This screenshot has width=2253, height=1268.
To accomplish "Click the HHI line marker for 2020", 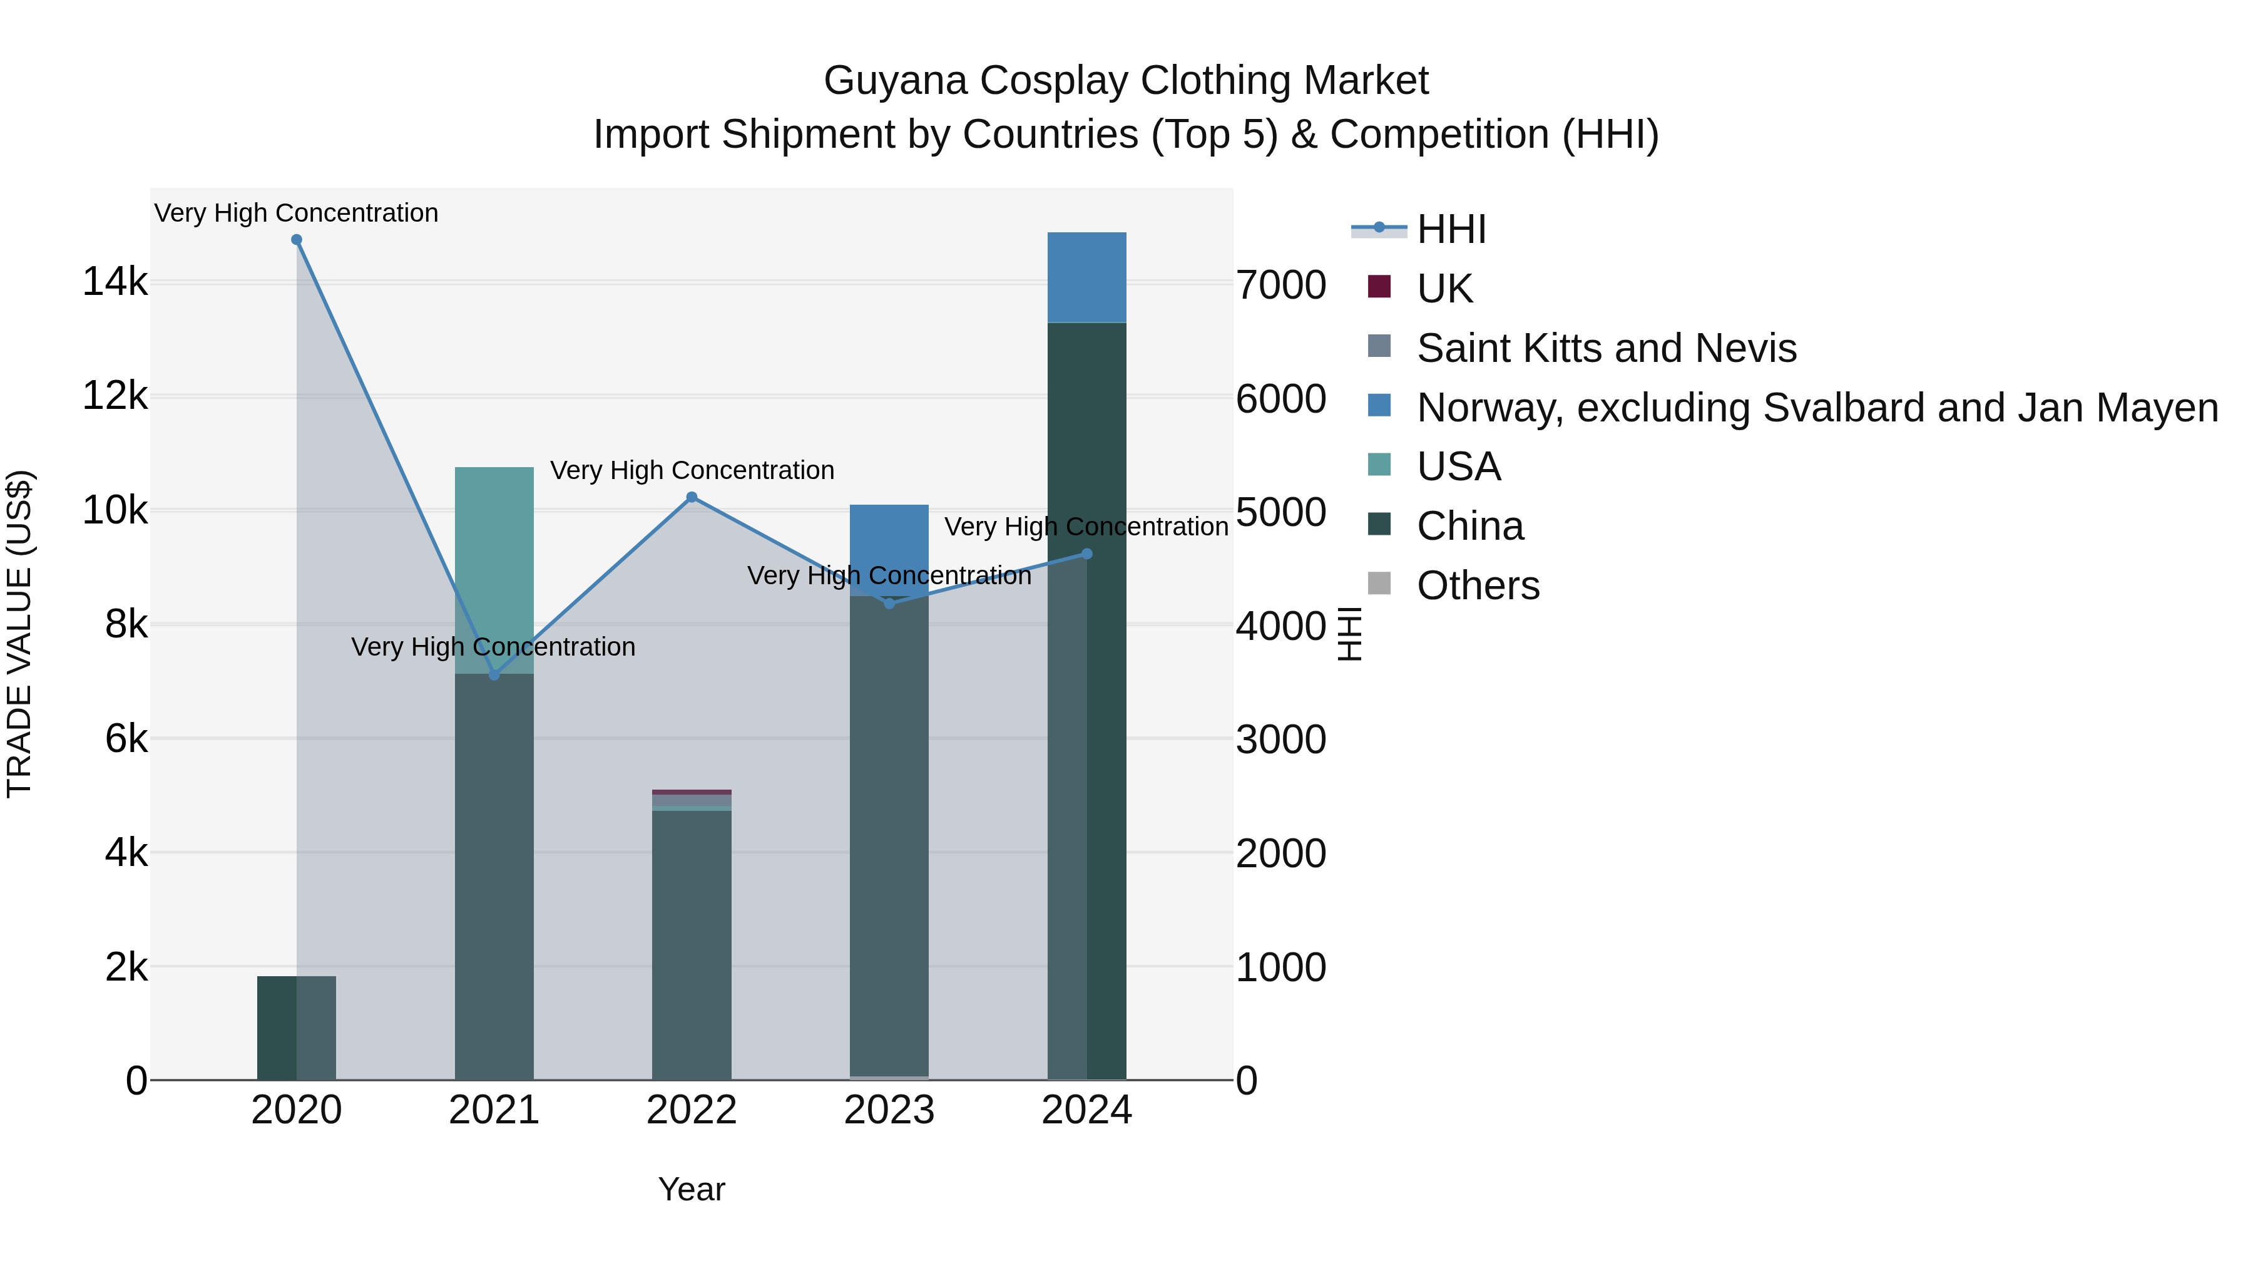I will point(297,240).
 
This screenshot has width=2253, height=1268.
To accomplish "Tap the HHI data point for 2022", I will point(692,497).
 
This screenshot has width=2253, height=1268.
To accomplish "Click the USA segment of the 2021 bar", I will point(494,569).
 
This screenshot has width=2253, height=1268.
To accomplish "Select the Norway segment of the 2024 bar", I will point(1087,277).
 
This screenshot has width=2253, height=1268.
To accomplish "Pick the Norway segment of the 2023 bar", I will point(889,547).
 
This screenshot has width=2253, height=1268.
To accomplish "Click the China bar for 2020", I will point(297,1028).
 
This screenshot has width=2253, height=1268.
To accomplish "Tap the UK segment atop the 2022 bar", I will point(692,792).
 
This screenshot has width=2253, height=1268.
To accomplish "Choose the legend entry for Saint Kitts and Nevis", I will point(1606,348).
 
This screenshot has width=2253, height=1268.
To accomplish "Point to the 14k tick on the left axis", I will point(115,282).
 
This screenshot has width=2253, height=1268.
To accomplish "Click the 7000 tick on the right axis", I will point(1280,286).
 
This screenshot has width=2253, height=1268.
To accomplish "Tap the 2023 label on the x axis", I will point(889,1110).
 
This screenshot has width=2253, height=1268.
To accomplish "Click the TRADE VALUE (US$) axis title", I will point(19,634).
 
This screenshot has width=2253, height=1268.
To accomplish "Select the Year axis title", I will point(692,1189).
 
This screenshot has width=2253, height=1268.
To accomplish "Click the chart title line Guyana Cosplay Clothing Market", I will point(1126,81).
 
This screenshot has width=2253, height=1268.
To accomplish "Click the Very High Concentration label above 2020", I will point(297,213).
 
